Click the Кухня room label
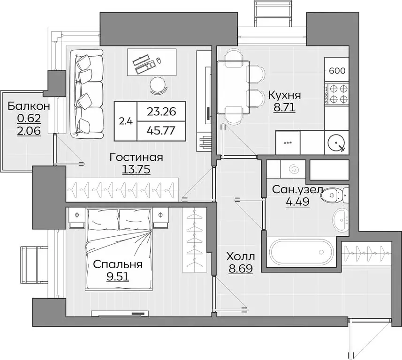click(x=284, y=95)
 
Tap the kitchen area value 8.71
click(x=284, y=108)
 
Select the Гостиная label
click(x=136, y=157)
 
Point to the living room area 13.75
click(x=136, y=170)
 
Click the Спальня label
click(x=118, y=264)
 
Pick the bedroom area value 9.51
click(x=118, y=277)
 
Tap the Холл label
click(x=241, y=256)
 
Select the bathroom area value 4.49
click(x=297, y=202)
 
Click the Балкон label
click(x=29, y=106)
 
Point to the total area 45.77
click(x=161, y=131)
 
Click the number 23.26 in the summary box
click(x=161, y=112)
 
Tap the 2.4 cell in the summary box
click(x=126, y=121)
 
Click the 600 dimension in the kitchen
click(x=337, y=70)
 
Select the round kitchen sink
click(x=337, y=142)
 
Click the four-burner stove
click(x=337, y=94)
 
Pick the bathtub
click(x=301, y=252)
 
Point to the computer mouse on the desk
click(x=159, y=60)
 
